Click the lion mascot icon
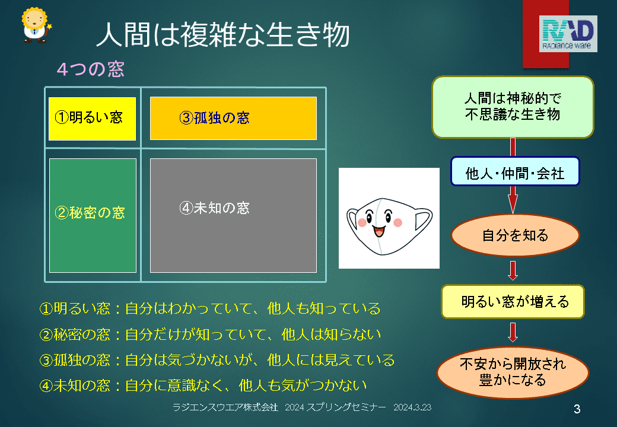click(x=36, y=25)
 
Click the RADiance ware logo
click(x=568, y=34)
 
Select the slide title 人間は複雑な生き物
click(x=222, y=34)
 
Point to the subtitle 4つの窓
click(x=91, y=69)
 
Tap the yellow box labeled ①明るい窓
click(x=92, y=119)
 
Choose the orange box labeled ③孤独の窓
click(x=233, y=118)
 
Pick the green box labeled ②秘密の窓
click(x=93, y=215)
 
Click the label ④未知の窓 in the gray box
click(x=214, y=208)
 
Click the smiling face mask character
click(x=389, y=226)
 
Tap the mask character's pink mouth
click(x=379, y=231)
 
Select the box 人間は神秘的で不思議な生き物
click(x=513, y=107)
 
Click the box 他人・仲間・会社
click(x=515, y=171)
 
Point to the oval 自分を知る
click(x=515, y=235)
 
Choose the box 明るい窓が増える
click(x=513, y=302)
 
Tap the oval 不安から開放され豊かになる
click(x=513, y=372)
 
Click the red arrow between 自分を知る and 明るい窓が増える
click(x=513, y=270)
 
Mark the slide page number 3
click(x=577, y=409)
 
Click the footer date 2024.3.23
click(x=412, y=407)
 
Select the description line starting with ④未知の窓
click(x=203, y=385)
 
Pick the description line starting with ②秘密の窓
click(x=210, y=334)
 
